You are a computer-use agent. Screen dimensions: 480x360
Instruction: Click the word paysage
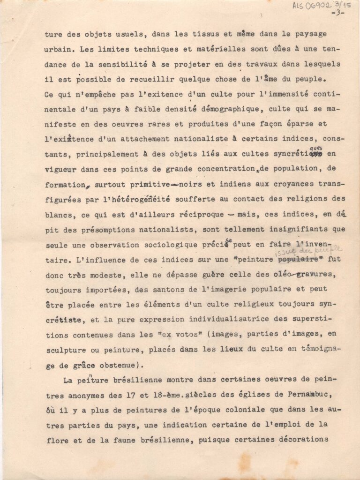pos(308,34)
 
